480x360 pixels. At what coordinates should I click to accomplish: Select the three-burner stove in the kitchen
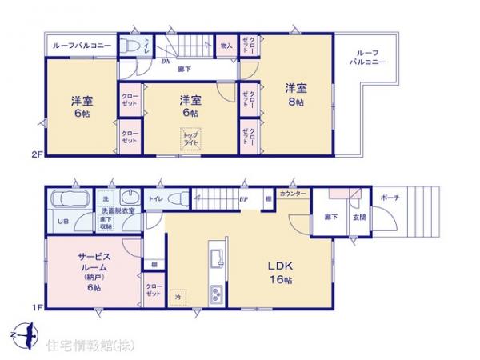coord(217,295)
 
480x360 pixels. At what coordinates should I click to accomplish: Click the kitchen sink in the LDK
coord(215,258)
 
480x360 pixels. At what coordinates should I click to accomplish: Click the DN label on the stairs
coord(166,61)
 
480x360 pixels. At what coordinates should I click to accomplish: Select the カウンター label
coord(292,194)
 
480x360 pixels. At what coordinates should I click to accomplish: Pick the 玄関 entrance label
coord(360,218)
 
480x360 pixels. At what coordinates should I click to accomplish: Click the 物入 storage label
coord(226,46)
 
